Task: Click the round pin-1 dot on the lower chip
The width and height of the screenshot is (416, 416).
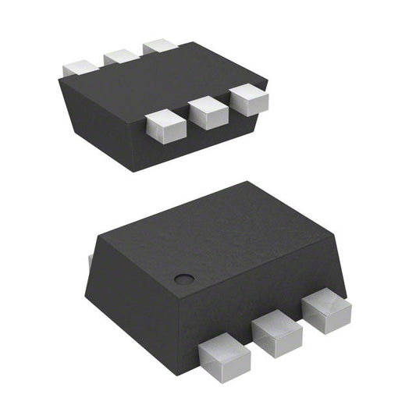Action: point(183,278)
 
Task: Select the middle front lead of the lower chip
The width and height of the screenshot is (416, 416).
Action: point(276,334)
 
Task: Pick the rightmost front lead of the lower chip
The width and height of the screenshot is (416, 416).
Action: point(325,312)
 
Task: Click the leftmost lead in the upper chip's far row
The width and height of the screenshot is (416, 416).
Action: point(79,68)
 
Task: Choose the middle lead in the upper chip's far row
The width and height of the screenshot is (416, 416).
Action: point(121,57)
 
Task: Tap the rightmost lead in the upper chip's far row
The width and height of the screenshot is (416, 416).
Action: point(160,45)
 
